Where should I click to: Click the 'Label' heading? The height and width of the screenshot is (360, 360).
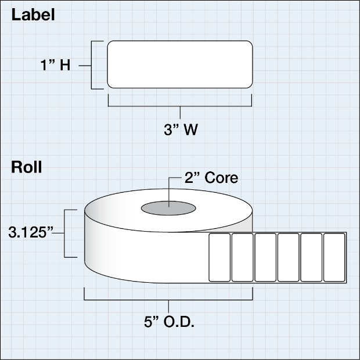pyautogui.click(x=33, y=15)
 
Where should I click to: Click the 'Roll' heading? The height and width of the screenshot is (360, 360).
pyautogui.click(x=27, y=167)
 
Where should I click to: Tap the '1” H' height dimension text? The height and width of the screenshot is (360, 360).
pyautogui.click(x=55, y=65)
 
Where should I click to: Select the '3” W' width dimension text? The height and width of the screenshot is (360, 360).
pyautogui.click(x=181, y=129)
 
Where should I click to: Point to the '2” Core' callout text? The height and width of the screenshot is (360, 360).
pyautogui.click(x=211, y=178)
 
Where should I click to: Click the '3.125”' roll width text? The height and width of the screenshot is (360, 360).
pyautogui.click(x=31, y=232)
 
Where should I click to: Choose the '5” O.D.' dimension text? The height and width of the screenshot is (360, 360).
pyautogui.click(x=169, y=322)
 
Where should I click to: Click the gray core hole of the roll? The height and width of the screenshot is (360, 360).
pyautogui.click(x=168, y=208)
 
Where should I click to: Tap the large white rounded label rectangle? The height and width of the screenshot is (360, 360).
pyautogui.click(x=180, y=64)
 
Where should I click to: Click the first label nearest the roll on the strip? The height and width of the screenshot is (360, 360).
pyautogui.click(x=219, y=257)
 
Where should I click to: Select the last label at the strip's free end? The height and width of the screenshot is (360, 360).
pyautogui.click(x=334, y=257)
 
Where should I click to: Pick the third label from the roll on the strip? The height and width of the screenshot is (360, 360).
pyautogui.click(x=265, y=257)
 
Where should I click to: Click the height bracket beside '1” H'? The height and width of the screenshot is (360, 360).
pyautogui.click(x=91, y=65)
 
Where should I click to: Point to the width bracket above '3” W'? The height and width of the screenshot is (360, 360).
pyautogui.click(x=180, y=106)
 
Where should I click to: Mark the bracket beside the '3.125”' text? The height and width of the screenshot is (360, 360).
pyautogui.click(x=64, y=233)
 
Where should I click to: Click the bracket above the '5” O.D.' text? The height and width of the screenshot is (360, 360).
pyautogui.click(x=168, y=300)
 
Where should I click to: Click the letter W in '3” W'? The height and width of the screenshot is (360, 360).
pyautogui.click(x=190, y=129)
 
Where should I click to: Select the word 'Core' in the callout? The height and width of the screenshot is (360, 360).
pyautogui.click(x=221, y=178)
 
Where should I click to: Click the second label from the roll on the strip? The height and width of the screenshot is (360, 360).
pyautogui.click(x=243, y=257)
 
